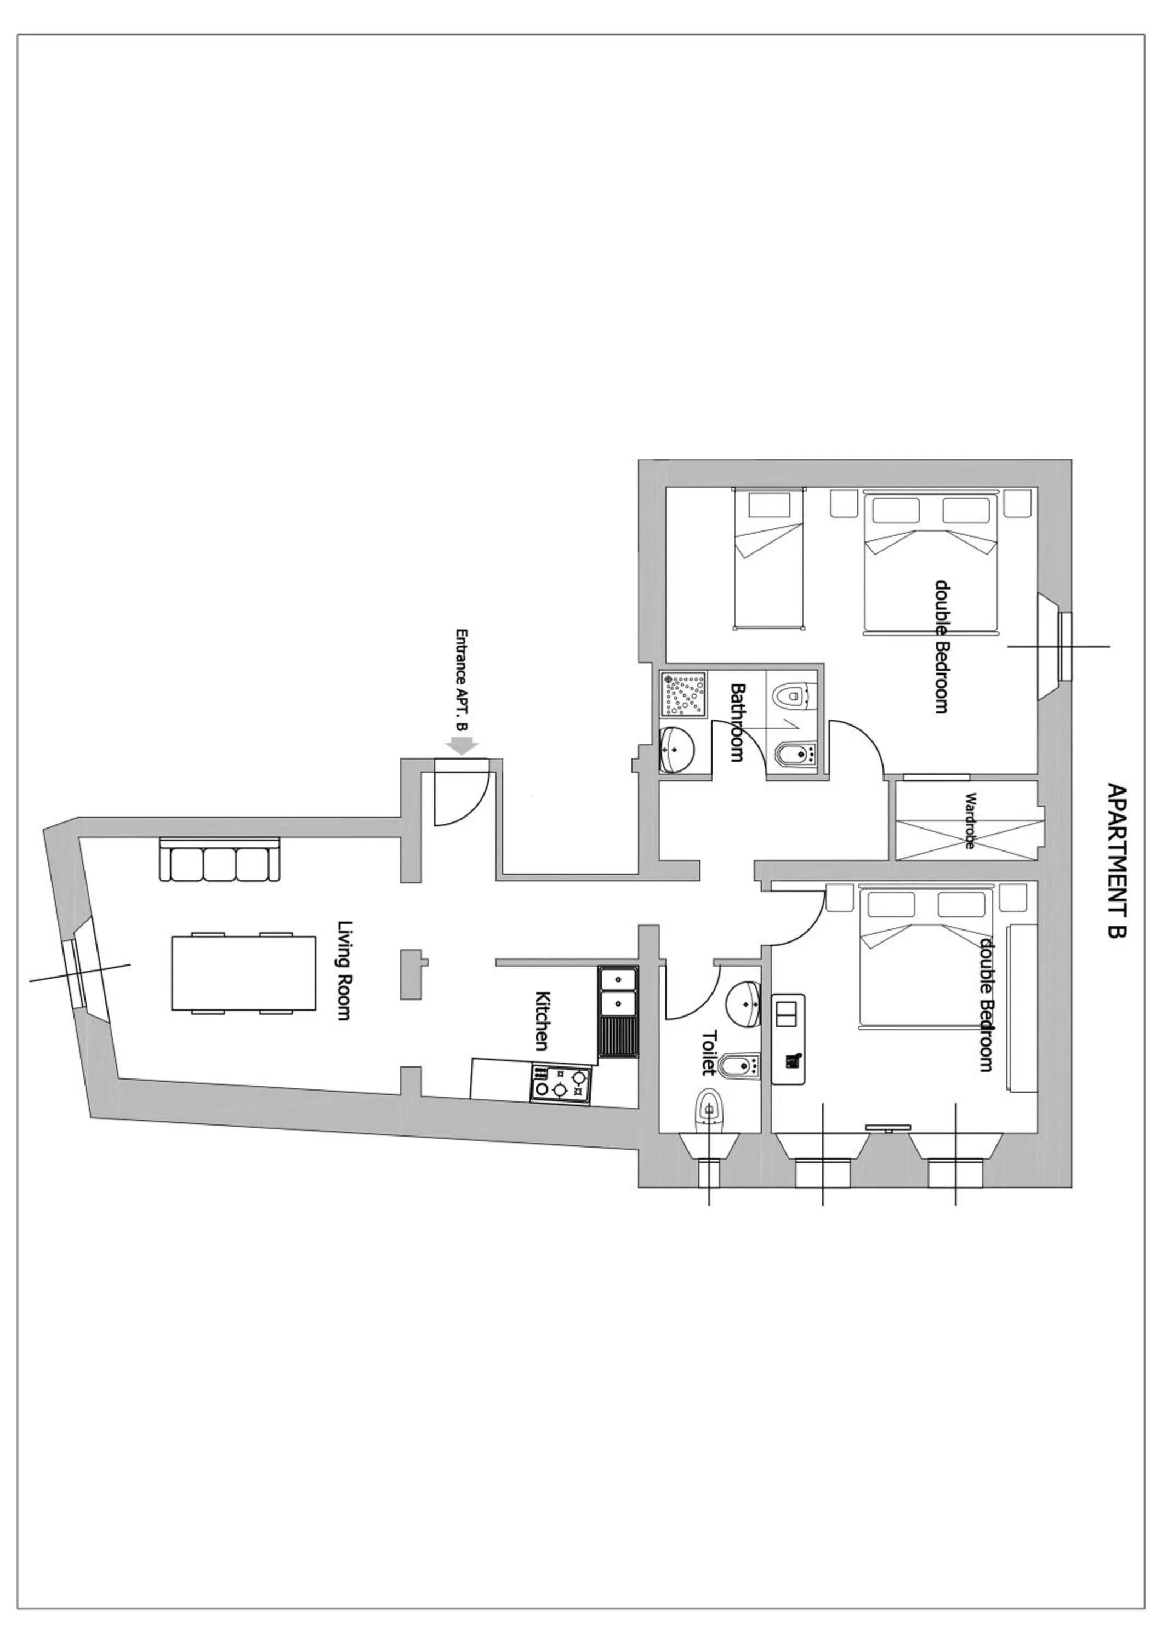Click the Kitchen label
click(543, 1020)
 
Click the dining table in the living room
click(243, 973)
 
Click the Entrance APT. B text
click(463, 680)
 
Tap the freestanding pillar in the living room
click(412, 973)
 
